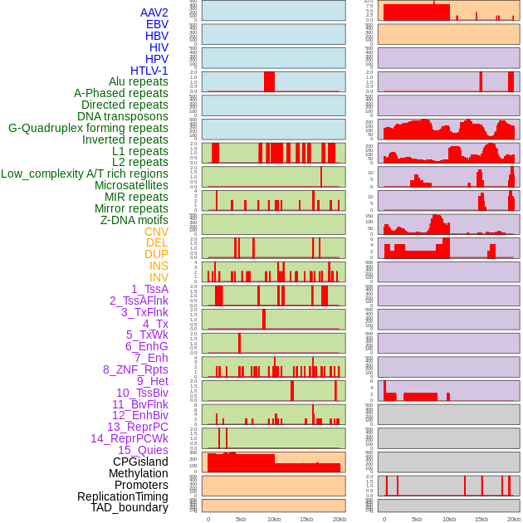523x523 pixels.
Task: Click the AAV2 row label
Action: [154, 12]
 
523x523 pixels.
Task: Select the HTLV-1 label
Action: [149, 71]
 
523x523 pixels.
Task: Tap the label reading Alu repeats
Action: [139, 81]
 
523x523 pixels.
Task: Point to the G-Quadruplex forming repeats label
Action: [88, 128]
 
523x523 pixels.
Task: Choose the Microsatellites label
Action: [131, 185]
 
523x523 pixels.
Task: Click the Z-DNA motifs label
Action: [134, 220]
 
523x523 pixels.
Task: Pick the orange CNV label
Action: [156, 232]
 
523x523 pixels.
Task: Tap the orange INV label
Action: [159, 277]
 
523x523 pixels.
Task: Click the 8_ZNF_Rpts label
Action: [135, 369]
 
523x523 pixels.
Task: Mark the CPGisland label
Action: [140, 462]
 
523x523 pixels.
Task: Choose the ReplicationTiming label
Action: [123, 496]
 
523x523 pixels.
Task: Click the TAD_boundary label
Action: [130, 507]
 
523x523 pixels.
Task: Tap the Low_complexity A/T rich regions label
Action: [85, 174]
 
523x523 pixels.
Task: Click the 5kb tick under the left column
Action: [241, 519]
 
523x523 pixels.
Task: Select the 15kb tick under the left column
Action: [306, 519]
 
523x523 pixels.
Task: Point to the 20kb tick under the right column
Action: [514, 519]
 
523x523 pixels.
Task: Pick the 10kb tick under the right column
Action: [449, 519]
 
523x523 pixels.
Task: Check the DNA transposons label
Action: [123, 116]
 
